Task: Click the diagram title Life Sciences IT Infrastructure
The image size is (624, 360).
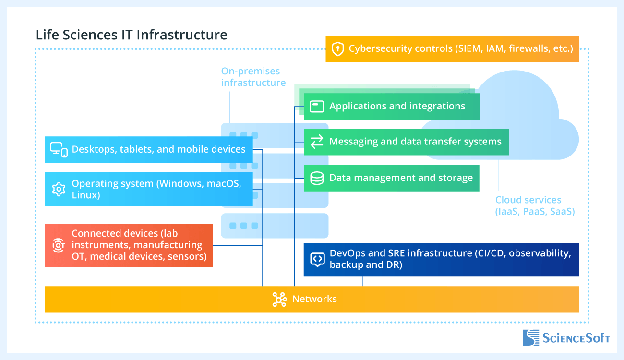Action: [x=132, y=35]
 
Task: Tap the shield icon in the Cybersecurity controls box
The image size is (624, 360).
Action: [x=338, y=49]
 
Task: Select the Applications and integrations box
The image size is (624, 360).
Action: [x=391, y=106]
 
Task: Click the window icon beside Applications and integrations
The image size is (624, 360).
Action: [x=317, y=106]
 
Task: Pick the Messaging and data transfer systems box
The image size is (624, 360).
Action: [x=406, y=142]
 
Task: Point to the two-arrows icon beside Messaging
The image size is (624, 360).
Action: [x=317, y=142]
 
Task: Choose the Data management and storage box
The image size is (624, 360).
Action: [x=391, y=178]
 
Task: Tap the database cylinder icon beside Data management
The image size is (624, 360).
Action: [x=317, y=178]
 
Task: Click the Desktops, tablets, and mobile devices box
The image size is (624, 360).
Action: [x=149, y=149]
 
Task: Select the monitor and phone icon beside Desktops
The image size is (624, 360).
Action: [x=59, y=150]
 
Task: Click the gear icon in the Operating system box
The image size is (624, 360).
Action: [x=59, y=189]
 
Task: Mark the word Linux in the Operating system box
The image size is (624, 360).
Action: [x=85, y=195]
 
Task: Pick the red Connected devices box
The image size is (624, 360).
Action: [x=129, y=245]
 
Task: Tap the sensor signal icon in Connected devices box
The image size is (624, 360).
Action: [x=59, y=245]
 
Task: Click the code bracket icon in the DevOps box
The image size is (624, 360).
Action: [x=317, y=259]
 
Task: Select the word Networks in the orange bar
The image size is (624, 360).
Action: [x=314, y=299]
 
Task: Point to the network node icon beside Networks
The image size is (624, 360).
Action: [x=279, y=300]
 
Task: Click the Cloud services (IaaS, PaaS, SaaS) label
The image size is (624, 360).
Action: [x=534, y=205]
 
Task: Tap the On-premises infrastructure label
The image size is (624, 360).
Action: [x=253, y=77]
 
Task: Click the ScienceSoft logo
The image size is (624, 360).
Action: [x=566, y=337]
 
